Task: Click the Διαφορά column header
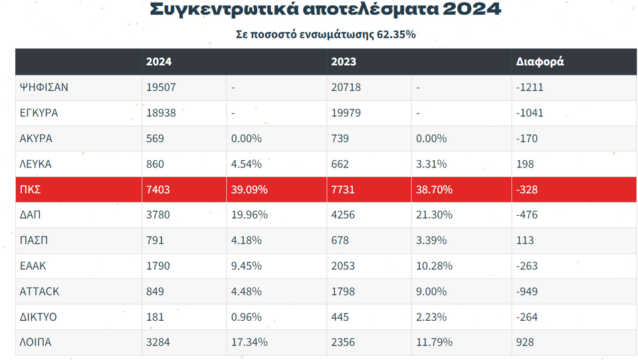tap(540, 62)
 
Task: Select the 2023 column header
tap(344, 62)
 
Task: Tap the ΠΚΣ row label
tap(31, 190)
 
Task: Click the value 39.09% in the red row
tap(249, 190)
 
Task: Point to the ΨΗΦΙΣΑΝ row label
tap(45, 88)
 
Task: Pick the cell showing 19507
tap(161, 88)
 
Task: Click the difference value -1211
tap(530, 88)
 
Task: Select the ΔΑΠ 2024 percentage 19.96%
tap(249, 215)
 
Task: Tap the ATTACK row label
tap(40, 292)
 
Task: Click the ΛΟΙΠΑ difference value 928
tap(525, 343)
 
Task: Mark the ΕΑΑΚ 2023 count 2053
tap(344, 266)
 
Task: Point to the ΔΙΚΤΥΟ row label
tap(39, 317)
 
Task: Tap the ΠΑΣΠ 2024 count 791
tap(156, 240)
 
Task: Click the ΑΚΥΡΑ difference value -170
tap(527, 139)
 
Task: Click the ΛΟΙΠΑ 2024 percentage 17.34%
tap(249, 343)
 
